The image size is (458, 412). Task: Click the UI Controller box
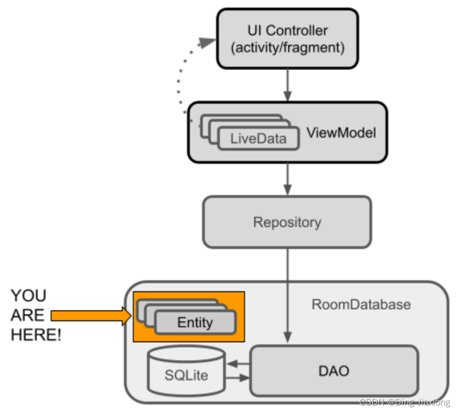(287, 39)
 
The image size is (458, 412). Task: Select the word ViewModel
(341, 133)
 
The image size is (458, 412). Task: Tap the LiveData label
(259, 139)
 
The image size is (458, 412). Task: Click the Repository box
(287, 222)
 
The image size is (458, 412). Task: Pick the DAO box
(334, 371)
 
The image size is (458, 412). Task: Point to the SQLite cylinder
(186, 374)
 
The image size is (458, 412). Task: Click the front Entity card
(195, 323)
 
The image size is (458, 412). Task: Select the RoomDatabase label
(361, 304)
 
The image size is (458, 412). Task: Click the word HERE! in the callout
(36, 335)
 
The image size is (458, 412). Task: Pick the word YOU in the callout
(28, 296)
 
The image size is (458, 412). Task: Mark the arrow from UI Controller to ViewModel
(287, 84)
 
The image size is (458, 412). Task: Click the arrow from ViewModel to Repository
(287, 179)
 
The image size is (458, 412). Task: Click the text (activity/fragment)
(287, 48)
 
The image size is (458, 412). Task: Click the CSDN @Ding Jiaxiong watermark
(405, 402)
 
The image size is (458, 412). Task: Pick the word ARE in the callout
(27, 315)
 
